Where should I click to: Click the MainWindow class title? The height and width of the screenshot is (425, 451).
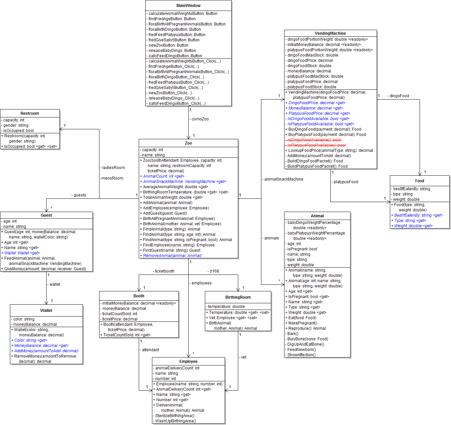[188, 6]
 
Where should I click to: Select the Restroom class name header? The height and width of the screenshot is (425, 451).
[30, 113]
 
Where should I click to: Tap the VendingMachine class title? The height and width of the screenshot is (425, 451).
[330, 33]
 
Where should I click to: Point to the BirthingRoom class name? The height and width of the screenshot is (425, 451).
[238, 297]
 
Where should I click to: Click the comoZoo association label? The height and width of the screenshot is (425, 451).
[200, 119]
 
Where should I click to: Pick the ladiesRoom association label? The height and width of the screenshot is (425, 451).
[113, 168]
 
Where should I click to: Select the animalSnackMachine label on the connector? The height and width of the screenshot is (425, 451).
[283, 179]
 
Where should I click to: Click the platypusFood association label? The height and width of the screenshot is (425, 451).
[346, 182]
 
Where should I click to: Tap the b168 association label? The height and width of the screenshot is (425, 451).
[214, 271]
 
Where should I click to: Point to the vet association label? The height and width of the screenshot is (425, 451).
[244, 357]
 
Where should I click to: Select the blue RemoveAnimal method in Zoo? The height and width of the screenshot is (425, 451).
[172, 256]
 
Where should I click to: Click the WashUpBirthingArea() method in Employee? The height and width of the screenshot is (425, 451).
[175, 421]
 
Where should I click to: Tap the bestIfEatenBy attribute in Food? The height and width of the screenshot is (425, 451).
[411, 189]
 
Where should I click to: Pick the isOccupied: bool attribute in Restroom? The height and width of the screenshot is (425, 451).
[19, 131]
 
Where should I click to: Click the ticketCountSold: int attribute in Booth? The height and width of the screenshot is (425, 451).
[120, 314]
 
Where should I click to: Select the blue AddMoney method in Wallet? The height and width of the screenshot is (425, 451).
[46, 351]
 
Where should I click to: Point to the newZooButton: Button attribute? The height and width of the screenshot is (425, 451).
[168, 45]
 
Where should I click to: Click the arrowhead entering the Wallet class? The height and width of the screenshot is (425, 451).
[47, 302]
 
